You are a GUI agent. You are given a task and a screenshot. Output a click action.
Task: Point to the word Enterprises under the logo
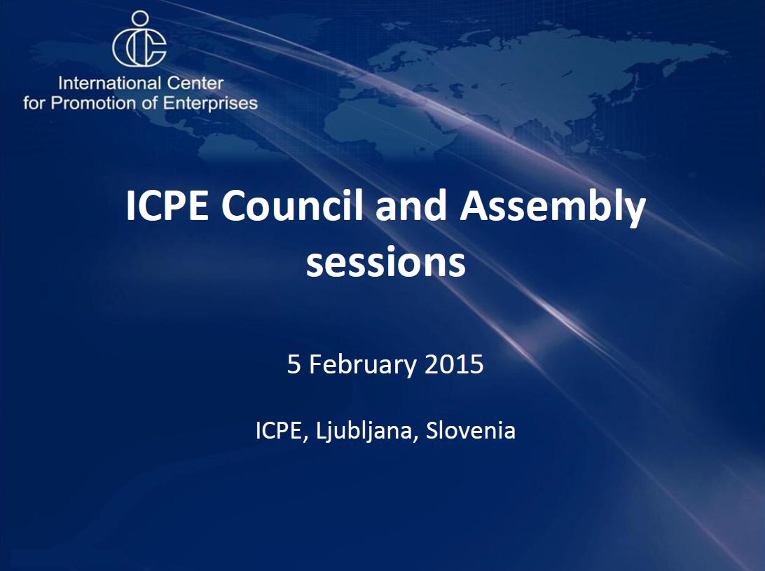213,104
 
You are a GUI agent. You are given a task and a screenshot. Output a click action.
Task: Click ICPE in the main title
167,207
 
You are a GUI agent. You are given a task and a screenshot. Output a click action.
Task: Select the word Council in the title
294,207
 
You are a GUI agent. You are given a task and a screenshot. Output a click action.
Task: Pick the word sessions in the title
385,263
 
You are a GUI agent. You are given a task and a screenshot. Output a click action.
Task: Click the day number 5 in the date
294,364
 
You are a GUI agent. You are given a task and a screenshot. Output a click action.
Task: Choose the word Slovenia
471,430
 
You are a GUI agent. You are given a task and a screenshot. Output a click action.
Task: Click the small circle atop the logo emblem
140,18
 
